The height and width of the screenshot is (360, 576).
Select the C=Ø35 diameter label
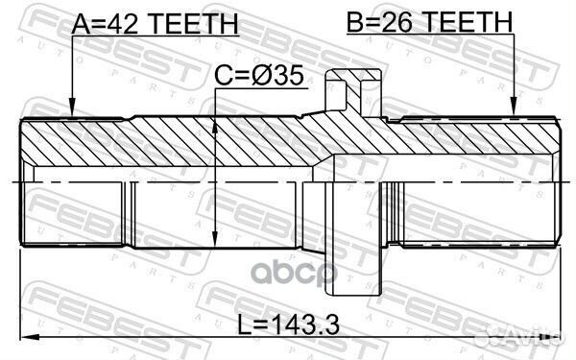click(x=261, y=75)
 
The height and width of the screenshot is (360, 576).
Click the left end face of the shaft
click(x=23, y=180)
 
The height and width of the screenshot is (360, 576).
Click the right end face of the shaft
click(x=560, y=180)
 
